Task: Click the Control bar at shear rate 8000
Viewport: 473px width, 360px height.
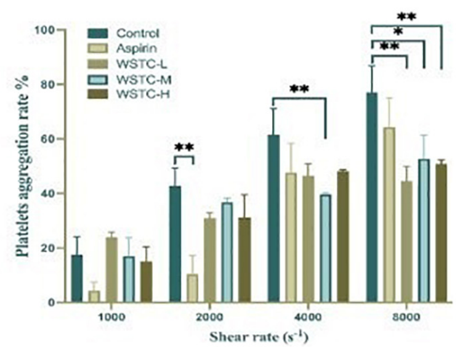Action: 372,197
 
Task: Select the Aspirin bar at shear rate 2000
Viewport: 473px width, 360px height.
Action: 192,288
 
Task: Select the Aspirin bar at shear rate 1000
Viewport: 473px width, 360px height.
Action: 94,297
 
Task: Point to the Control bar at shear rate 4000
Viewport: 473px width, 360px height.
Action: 273,218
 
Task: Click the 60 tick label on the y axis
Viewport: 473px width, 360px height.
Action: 50,139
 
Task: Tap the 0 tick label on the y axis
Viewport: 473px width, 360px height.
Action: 54,303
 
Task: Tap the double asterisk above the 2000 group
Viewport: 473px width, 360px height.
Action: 184,147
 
